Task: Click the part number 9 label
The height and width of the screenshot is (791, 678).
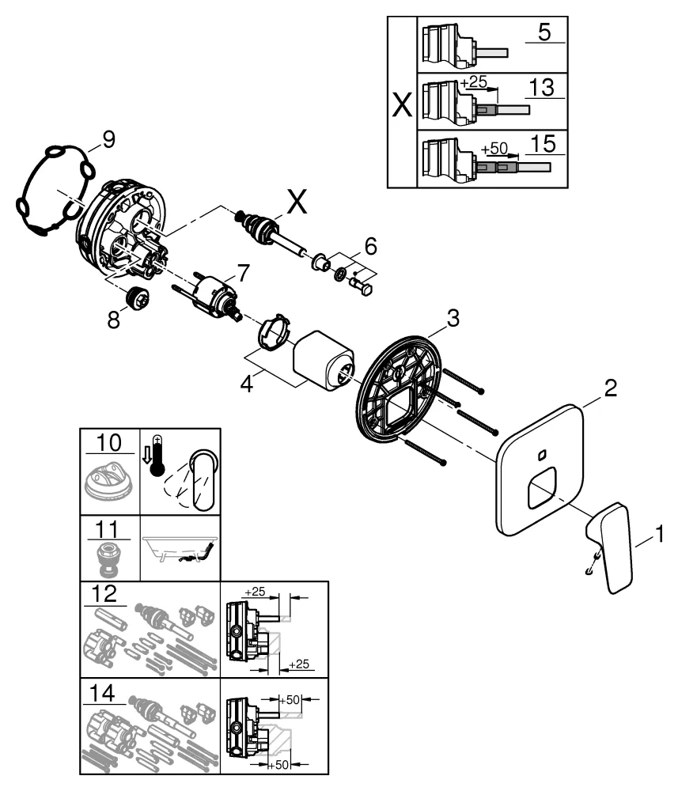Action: (x=108, y=139)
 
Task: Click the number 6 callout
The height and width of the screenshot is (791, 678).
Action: (x=371, y=245)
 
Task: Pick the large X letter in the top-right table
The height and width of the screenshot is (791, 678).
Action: (x=402, y=104)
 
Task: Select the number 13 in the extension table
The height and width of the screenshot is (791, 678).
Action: (x=543, y=88)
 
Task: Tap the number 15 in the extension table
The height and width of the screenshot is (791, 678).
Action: (x=544, y=144)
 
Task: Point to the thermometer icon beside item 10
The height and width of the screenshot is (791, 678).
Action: (x=157, y=453)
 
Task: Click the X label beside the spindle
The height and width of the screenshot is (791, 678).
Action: (x=297, y=203)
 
